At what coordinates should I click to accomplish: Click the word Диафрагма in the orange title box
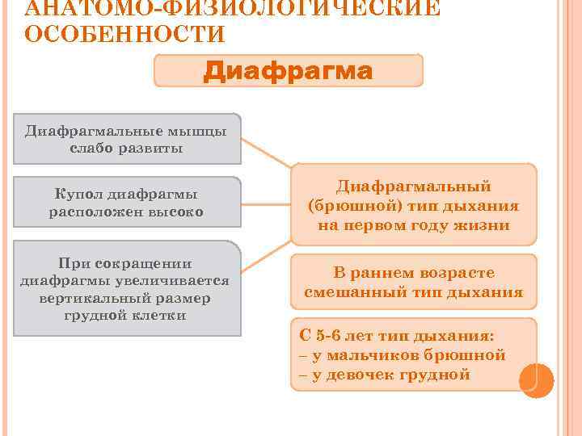288,72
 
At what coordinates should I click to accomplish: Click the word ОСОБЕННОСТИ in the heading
124,35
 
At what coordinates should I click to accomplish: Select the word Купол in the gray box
80,195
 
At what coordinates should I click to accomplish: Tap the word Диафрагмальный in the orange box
413,186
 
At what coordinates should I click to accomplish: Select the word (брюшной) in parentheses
348,206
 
